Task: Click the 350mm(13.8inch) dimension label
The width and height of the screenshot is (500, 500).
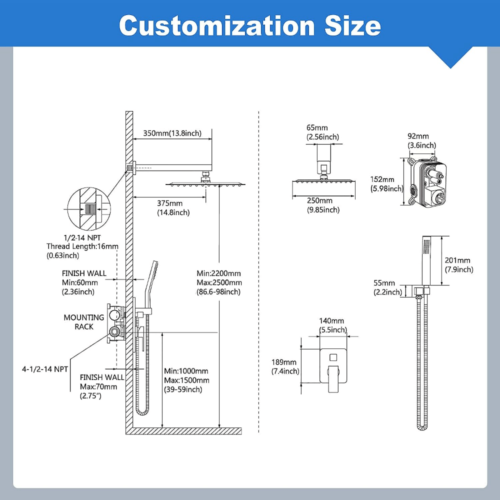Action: pyautogui.click(x=172, y=133)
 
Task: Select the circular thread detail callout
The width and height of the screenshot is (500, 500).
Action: pyautogui.click(x=88, y=208)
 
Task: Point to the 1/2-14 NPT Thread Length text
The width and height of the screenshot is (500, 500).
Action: pyautogui.click(x=82, y=246)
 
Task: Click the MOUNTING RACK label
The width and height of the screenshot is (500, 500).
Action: pyautogui.click(x=84, y=322)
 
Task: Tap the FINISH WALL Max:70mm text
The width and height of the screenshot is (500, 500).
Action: pyautogui.click(x=101, y=386)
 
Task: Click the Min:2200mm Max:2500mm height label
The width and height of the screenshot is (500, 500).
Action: pyautogui.click(x=218, y=282)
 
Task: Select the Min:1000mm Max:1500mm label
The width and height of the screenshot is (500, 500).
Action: pyautogui.click(x=186, y=380)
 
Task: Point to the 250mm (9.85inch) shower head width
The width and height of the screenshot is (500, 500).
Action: pyautogui.click(x=323, y=205)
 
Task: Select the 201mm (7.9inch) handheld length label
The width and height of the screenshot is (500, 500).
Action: pyautogui.click(x=458, y=265)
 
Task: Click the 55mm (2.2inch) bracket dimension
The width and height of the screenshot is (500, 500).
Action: pyautogui.click(x=387, y=287)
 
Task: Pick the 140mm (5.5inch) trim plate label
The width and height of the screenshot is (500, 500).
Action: pyautogui.click(x=332, y=325)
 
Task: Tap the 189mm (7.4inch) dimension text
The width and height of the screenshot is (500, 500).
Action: pyautogui.click(x=285, y=366)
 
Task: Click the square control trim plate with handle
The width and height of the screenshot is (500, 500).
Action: pyautogui.click(x=333, y=367)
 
